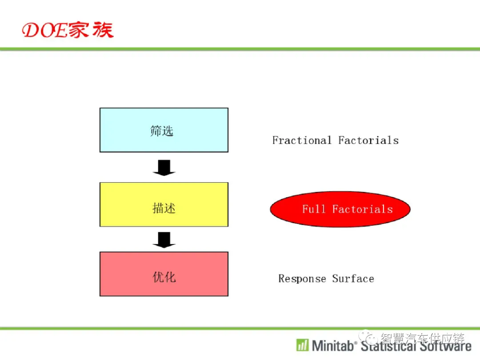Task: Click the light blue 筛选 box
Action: (x=164, y=130)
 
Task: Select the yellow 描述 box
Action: (x=164, y=204)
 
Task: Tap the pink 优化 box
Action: (x=164, y=274)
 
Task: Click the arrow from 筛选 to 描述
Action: (x=164, y=168)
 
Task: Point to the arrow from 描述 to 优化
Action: (x=164, y=240)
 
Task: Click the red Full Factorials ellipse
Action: (x=340, y=209)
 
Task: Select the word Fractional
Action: (x=302, y=140)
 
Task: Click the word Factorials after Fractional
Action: (x=368, y=140)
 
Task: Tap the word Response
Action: (x=302, y=279)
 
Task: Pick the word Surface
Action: (x=353, y=279)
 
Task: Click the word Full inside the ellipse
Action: (x=313, y=209)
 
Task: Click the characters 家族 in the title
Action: (x=91, y=30)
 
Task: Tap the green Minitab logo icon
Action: (x=303, y=345)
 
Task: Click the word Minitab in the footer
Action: (x=333, y=346)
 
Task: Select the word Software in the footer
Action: (x=445, y=346)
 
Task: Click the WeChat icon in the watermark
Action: (x=368, y=337)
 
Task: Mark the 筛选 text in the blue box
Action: (x=162, y=131)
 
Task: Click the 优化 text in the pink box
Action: (x=164, y=277)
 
